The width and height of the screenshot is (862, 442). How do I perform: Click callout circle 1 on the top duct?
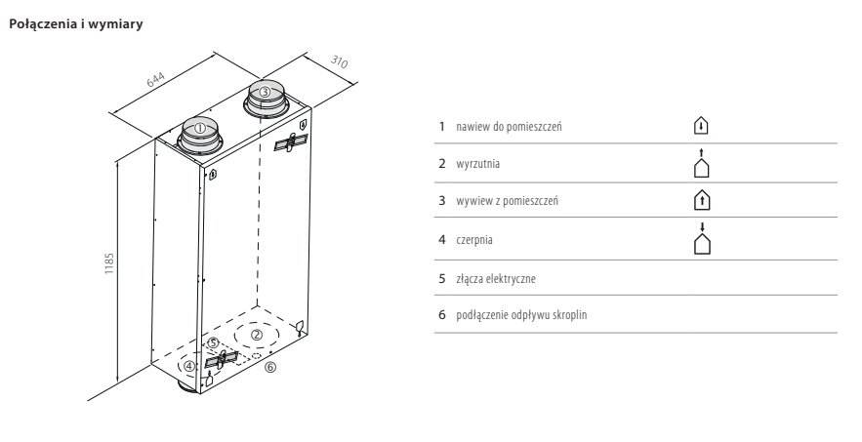(199, 127)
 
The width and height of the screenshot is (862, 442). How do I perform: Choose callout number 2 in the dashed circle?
(256, 333)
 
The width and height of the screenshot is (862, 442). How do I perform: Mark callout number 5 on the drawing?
(213, 342)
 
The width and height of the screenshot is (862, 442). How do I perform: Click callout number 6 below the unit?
(270, 368)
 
